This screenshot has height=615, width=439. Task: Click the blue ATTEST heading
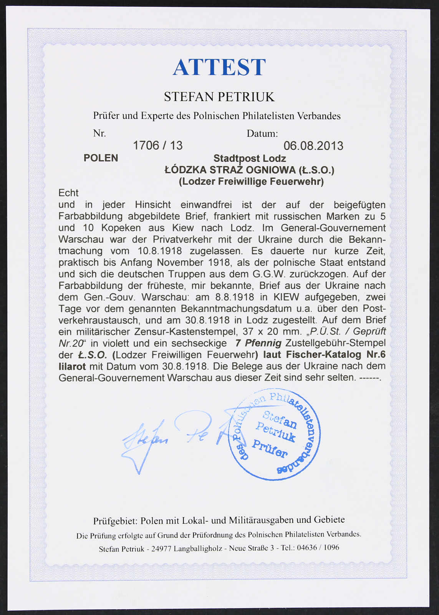click(x=219, y=67)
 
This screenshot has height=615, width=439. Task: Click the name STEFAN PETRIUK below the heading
click(x=219, y=96)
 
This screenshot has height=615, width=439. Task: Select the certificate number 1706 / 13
click(x=157, y=146)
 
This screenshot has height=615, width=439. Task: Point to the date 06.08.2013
click(x=313, y=146)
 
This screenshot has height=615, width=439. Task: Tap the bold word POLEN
click(x=101, y=158)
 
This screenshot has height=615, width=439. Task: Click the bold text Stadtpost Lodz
click(x=249, y=158)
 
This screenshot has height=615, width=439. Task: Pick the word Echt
click(x=68, y=193)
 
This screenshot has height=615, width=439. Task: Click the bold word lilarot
click(x=72, y=366)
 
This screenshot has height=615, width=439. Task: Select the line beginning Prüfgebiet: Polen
click(x=219, y=520)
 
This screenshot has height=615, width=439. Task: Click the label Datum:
click(x=262, y=133)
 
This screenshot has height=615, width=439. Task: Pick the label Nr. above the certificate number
click(x=99, y=133)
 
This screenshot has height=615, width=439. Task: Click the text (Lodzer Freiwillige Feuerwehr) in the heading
click(x=251, y=181)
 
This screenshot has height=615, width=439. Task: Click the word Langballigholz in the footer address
click(x=198, y=549)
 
